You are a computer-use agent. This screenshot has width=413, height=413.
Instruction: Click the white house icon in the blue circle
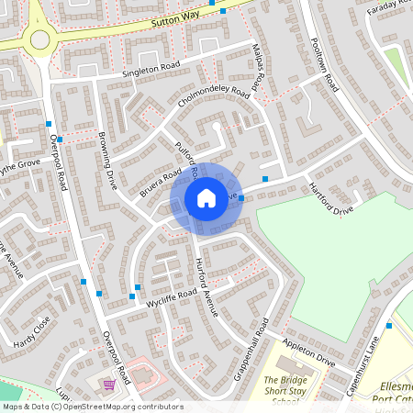coord(206,198)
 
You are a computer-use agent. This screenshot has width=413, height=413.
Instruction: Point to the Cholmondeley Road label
coord(214,106)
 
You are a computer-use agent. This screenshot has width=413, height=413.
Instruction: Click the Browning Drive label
coord(106,162)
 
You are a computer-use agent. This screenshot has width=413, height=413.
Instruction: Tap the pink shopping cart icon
coord(109,385)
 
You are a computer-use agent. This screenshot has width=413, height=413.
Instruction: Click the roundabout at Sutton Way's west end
coord(40,38)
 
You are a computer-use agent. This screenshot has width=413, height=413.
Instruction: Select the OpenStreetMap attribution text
coord(93,406)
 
